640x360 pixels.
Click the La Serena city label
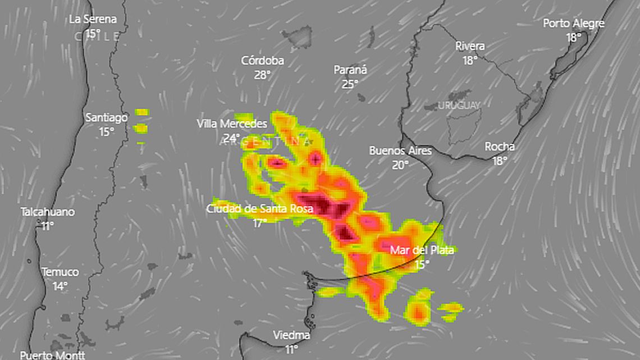click(x=93, y=19)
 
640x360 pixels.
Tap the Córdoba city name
click(x=262, y=61)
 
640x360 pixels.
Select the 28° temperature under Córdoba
click(x=262, y=75)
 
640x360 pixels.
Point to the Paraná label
click(x=350, y=70)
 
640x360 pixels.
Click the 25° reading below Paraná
click(x=350, y=84)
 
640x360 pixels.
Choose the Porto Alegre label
click(x=573, y=24)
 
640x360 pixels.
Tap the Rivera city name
click(x=470, y=46)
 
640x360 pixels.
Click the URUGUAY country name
click(x=459, y=106)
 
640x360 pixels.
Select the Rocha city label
click(x=500, y=147)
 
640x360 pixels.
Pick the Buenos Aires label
click(x=400, y=151)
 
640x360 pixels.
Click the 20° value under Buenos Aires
click(x=400, y=165)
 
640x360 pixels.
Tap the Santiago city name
click(x=106, y=118)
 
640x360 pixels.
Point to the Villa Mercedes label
click(x=231, y=124)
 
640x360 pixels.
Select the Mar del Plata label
click(x=422, y=250)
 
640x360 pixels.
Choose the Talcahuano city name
click(x=48, y=212)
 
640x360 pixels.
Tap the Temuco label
click(x=60, y=272)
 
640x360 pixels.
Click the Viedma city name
click(x=291, y=335)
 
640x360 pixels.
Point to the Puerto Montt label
click(x=52, y=355)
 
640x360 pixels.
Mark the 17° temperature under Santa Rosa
click(x=259, y=223)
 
